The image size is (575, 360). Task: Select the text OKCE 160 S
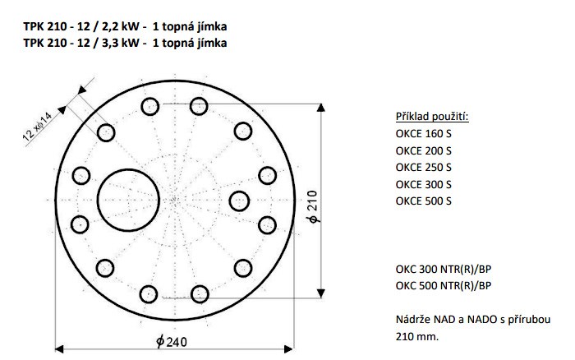pos(423,134)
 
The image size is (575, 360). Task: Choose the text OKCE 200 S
pos(423,150)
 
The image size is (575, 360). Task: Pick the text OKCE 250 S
pos(423,168)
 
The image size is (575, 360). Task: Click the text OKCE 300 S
pos(423,184)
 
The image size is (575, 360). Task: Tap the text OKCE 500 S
pos(423,201)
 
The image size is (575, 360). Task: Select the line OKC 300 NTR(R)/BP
pos(443,269)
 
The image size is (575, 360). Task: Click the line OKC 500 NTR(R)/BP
pos(443,286)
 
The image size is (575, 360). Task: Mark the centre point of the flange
pos(176,199)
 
